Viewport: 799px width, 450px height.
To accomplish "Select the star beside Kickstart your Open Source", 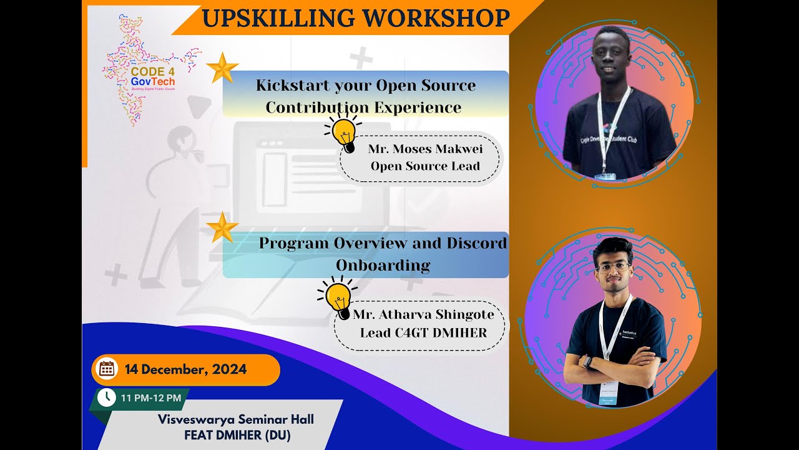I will point(222,67).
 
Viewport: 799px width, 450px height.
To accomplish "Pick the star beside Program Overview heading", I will point(222,227).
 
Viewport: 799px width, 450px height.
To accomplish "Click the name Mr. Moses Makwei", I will point(425,149).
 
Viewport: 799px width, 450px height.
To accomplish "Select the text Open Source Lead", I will point(425,166).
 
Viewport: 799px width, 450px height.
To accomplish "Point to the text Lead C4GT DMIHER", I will point(423,332).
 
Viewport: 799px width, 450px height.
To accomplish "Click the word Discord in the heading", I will point(476,243).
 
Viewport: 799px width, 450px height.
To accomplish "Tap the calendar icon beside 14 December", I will point(107,369).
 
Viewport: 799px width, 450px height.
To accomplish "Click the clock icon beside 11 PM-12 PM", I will point(107,397).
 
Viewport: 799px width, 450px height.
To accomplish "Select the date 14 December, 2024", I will point(185,369).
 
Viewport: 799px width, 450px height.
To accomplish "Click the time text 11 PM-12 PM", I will point(151,397).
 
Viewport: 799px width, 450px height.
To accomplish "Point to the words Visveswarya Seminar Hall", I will point(236,419).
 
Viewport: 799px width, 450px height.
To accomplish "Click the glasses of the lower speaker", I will point(612,266).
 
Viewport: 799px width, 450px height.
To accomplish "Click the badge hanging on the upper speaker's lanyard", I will point(604,176).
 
